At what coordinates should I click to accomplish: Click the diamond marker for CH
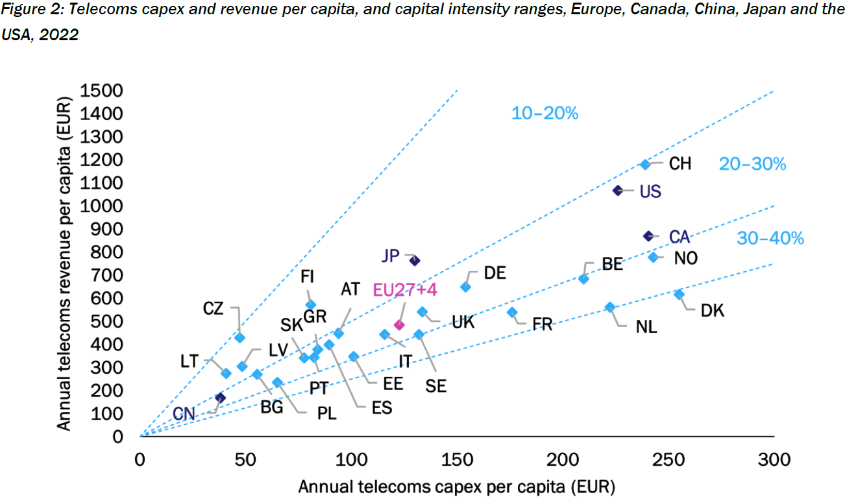coord(645,165)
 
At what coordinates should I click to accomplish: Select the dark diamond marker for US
coord(618,190)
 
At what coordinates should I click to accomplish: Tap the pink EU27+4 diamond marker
coord(399,325)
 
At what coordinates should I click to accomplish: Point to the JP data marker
coord(415,260)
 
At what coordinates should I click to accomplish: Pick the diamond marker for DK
coord(679,295)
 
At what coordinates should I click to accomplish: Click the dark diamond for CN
coord(220,398)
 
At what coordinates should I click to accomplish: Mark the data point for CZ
coord(239,337)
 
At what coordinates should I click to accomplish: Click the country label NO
coord(685,258)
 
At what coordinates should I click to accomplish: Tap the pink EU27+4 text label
coord(405,290)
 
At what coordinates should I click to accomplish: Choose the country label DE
coord(495,273)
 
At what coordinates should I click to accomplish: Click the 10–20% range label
coord(545,114)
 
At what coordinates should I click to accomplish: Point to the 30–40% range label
coord(770,239)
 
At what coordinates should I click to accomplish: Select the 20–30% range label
coord(752,165)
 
